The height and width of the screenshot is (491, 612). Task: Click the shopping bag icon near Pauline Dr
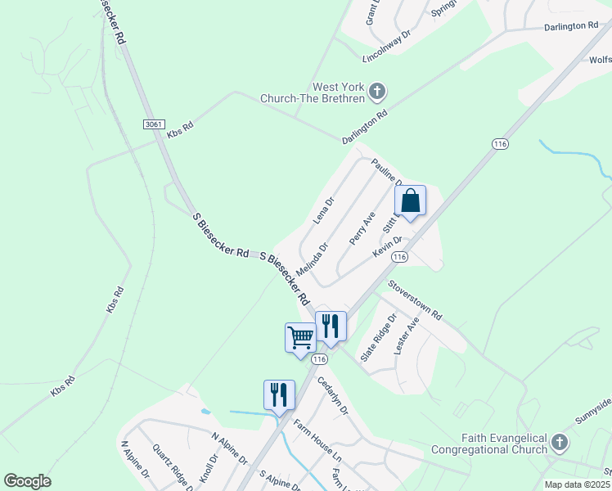click(411, 201)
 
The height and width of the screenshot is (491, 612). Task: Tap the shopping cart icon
click(300, 336)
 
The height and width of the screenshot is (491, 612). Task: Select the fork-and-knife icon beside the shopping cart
click(331, 325)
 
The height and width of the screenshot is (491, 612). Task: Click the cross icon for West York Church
click(377, 91)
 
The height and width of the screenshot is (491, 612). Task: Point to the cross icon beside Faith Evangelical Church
click(559, 443)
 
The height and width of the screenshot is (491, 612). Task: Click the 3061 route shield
click(153, 123)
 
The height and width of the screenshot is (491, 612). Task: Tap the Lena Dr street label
click(324, 211)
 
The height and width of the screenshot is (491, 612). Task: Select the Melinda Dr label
click(312, 258)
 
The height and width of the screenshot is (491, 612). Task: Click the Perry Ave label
click(362, 228)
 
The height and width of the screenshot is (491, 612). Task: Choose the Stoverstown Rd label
click(415, 300)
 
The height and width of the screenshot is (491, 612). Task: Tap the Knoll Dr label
click(214, 466)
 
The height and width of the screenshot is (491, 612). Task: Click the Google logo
click(27, 481)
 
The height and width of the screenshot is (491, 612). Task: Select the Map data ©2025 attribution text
click(577, 484)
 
